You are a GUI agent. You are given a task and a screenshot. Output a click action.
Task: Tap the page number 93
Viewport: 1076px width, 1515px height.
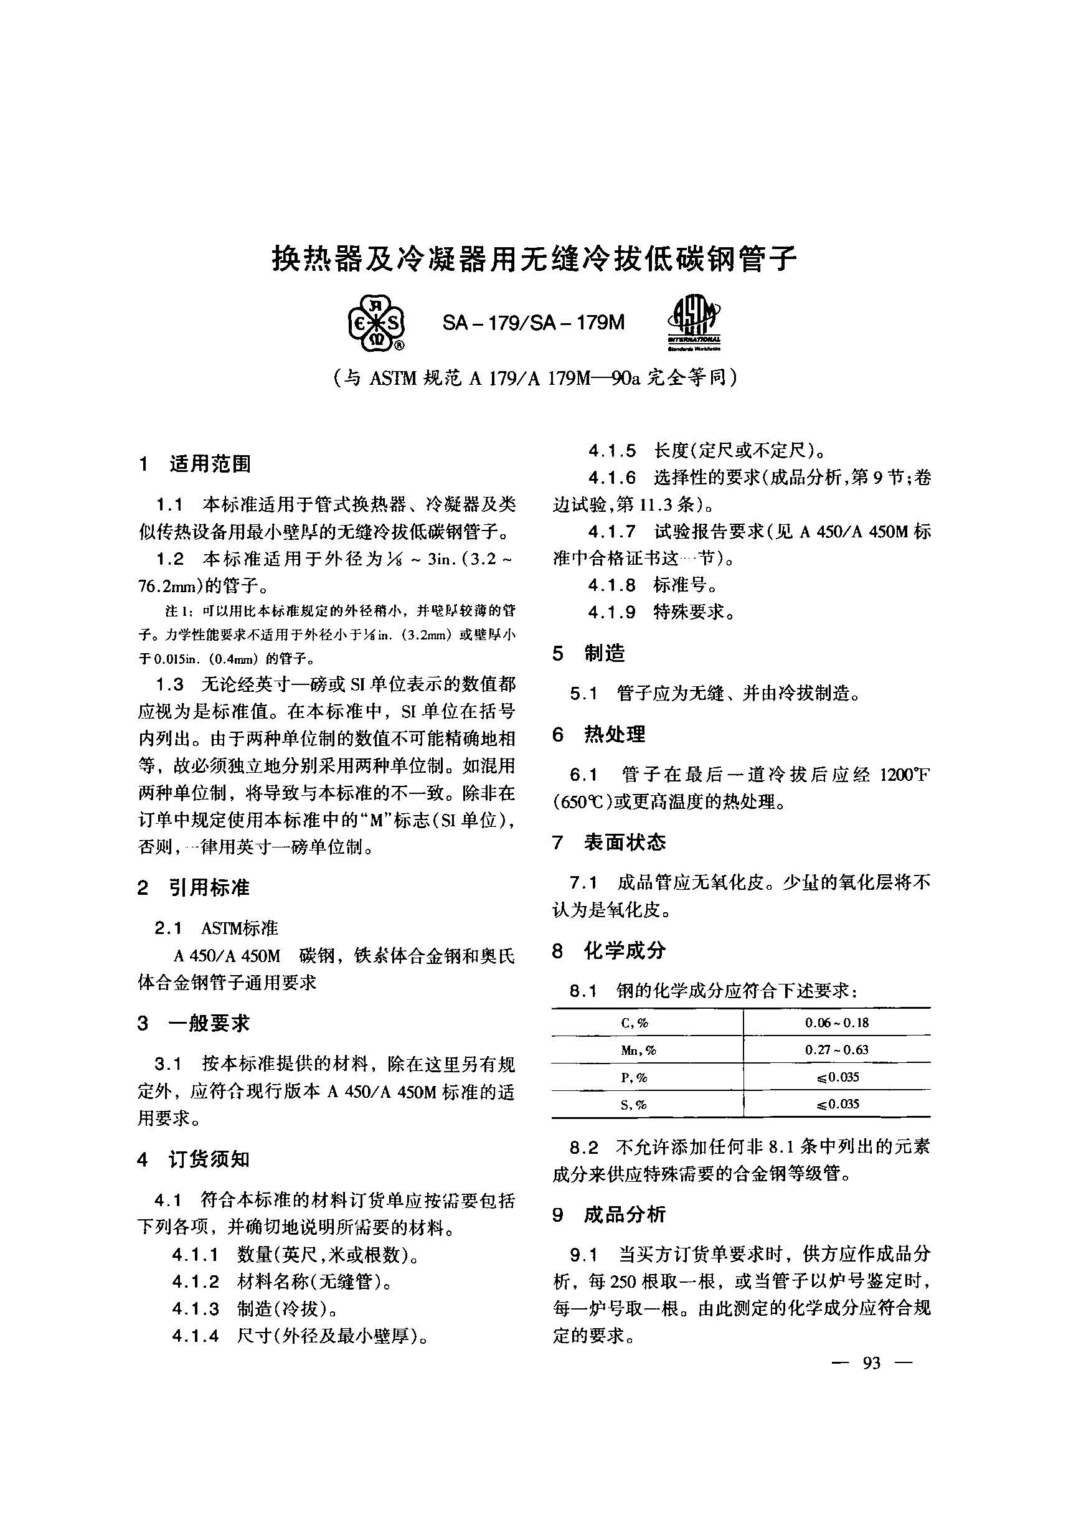tap(872, 1363)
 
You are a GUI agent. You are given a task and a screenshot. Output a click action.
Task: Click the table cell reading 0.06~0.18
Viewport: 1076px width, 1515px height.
tap(836, 1023)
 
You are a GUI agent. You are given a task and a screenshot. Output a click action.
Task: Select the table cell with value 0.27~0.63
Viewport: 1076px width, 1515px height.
tap(836, 1050)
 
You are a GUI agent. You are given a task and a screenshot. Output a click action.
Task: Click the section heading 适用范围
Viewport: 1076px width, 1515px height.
tap(210, 465)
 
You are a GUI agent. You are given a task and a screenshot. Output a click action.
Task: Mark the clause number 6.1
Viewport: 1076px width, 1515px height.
tap(583, 775)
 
